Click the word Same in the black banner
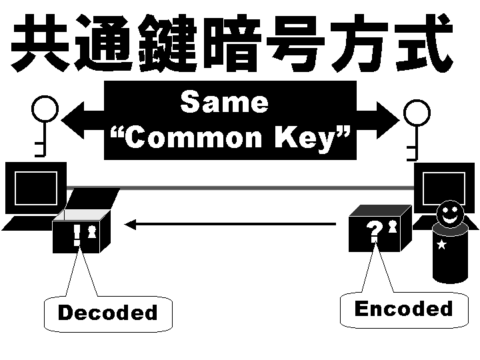(224, 103)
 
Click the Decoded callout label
(107, 313)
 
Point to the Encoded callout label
(403, 309)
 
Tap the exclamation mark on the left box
(77, 234)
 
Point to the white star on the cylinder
(441, 245)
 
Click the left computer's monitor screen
(34, 189)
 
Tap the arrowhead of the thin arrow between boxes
(131, 225)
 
